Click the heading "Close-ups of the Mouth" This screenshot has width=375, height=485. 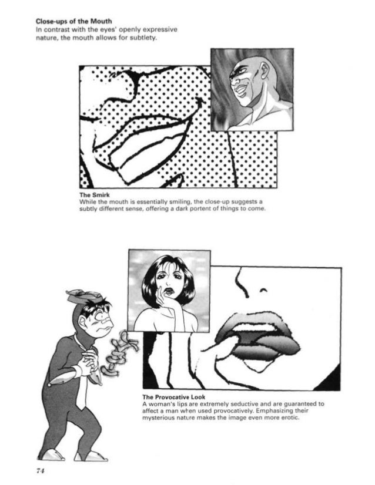[73, 21]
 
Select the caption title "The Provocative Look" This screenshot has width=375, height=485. [174, 397]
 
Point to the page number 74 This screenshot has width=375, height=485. [41, 471]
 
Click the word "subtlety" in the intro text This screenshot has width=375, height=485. [142, 39]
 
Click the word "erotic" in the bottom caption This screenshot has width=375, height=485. [290, 417]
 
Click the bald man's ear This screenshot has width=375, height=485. [265, 72]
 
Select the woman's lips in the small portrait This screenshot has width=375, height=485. [169, 291]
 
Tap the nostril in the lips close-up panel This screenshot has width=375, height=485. [263, 290]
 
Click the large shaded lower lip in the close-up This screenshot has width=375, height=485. [263, 350]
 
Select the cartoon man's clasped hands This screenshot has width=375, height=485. [90, 361]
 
